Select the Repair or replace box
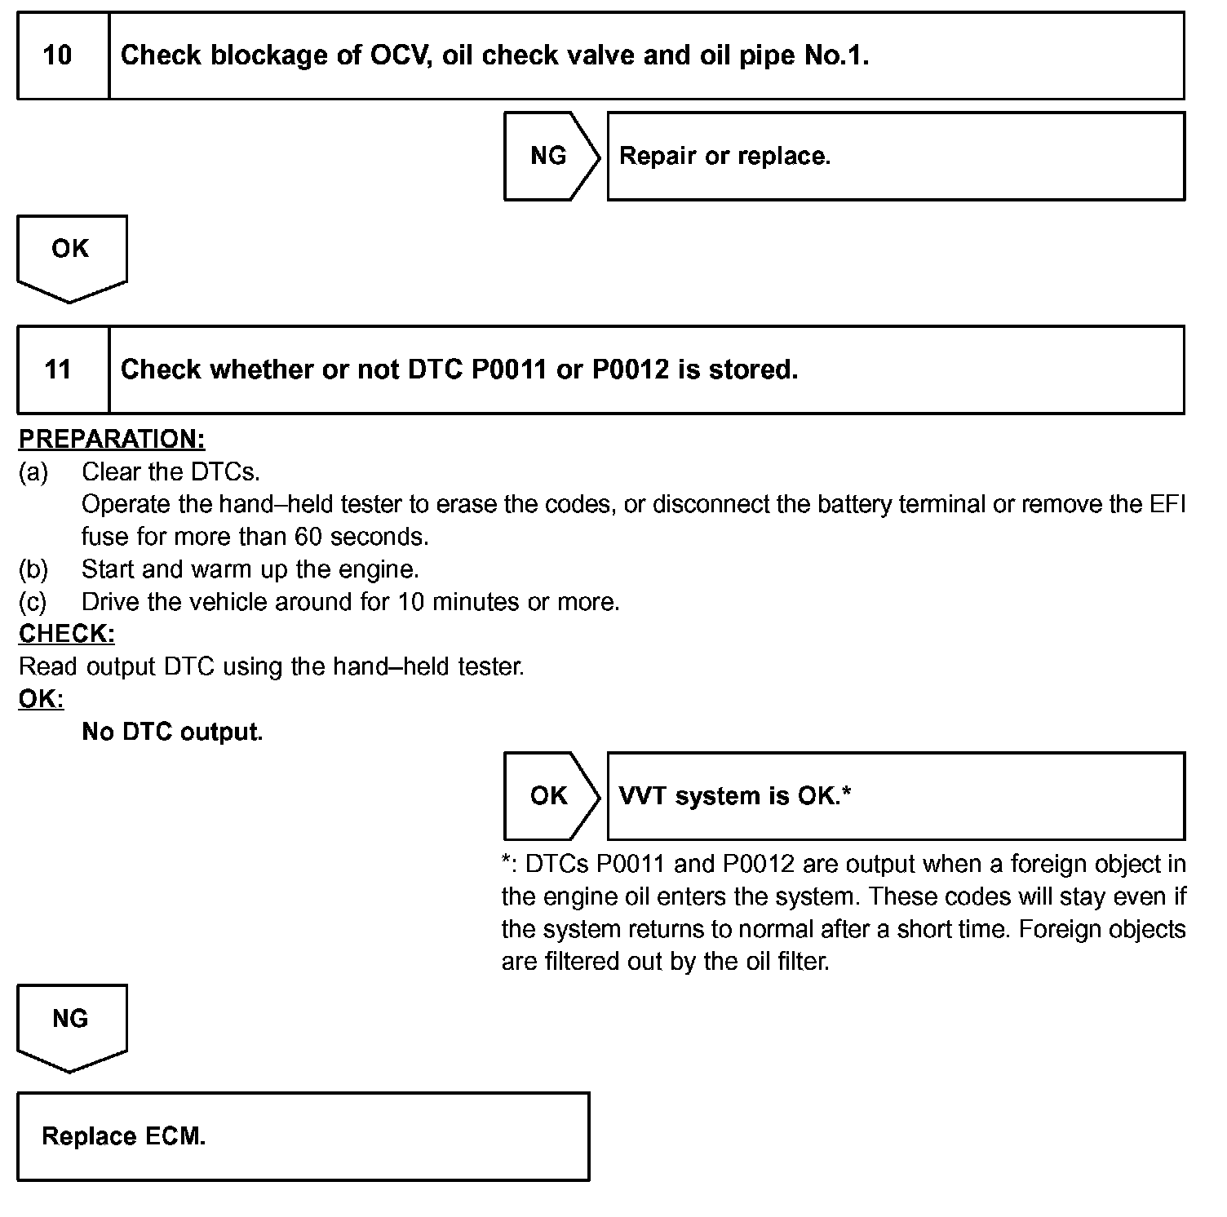(896, 156)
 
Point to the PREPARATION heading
(112, 439)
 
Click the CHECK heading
(67, 634)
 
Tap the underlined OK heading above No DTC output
(41, 699)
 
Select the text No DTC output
(172, 732)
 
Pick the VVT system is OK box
(896, 796)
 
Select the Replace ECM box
(303, 1136)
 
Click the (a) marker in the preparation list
(33, 471)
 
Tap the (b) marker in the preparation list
(33, 569)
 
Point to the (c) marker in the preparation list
(33, 602)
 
